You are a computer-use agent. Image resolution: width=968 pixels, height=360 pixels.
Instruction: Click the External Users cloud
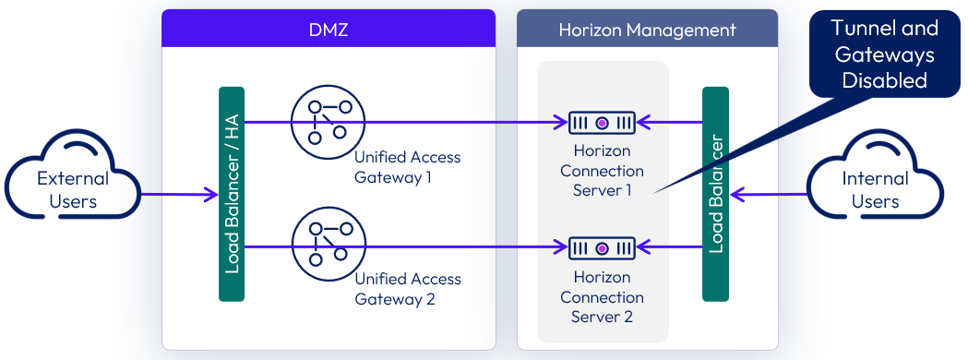pyautogui.click(x=73, y=188)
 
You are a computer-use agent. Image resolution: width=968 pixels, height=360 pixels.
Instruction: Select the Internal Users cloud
pyautogui.click(x=875, y=188)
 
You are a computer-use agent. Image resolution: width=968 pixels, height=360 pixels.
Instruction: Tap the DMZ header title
pyautogui.click(x=329, y=29)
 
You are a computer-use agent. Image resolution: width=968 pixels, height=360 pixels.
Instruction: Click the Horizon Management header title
pyautogui.click(x=647, y=30)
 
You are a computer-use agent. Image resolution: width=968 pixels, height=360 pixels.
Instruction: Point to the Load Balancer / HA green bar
pyautogui.click(x=232, y=194)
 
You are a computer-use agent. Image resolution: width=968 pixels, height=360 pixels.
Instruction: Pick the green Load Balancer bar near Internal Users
pyautogui.click(x=715, y=194)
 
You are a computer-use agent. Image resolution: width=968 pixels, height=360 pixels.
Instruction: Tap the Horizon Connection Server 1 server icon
pyautogui.click(x=602, y=122)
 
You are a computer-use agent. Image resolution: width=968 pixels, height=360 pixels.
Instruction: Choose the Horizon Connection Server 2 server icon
pyautogui.click(x=602, y=247)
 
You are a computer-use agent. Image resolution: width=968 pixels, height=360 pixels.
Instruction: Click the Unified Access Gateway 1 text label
pyautogui.click(x=407, y=167)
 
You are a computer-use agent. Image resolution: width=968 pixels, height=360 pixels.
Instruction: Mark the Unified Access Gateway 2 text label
pyautogui.click(x=407, y=289)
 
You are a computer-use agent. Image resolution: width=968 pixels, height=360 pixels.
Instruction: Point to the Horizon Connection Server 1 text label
pyautogui.click(x=602, y=171)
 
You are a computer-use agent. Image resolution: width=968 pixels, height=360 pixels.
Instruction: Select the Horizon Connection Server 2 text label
pyautogui.click(x=602, y=297)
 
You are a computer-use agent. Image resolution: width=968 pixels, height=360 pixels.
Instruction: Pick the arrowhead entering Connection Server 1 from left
pyautogui.click(x=560, y=122)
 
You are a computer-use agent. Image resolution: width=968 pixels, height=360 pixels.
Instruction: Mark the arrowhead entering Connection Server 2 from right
pyautogui.click(x=644, y=247)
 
